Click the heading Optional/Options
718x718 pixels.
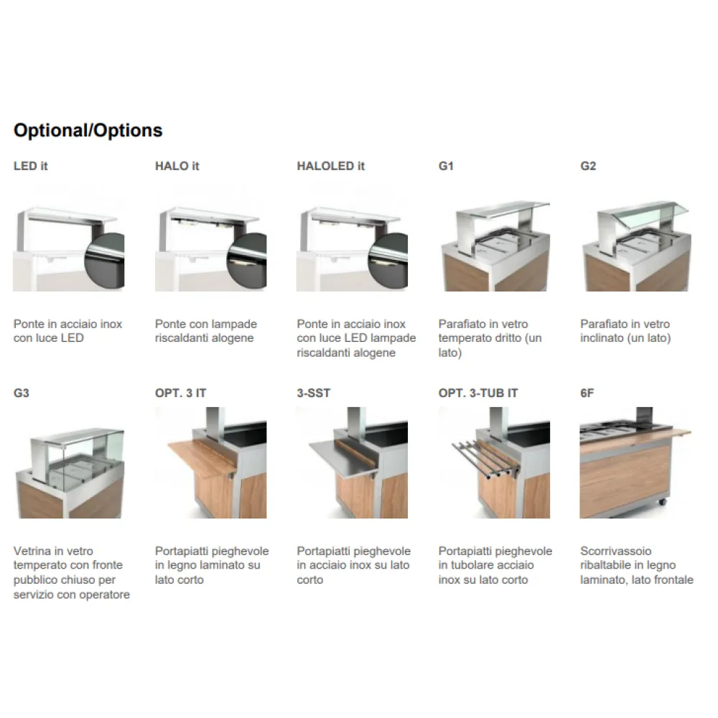pos(88,131)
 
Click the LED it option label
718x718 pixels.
pos(31,166)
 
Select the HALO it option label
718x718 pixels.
pos(177,166)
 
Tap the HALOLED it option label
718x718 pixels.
pos(330,166)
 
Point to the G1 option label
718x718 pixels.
pos(446,166)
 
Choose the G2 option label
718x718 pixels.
pos(588,166)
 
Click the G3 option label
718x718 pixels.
pos(22,393)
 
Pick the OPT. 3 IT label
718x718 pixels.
pos(180,393)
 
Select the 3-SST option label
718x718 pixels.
pos(314,393)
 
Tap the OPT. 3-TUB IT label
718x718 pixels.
pos(477,393)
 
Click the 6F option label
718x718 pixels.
pos(587,393)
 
